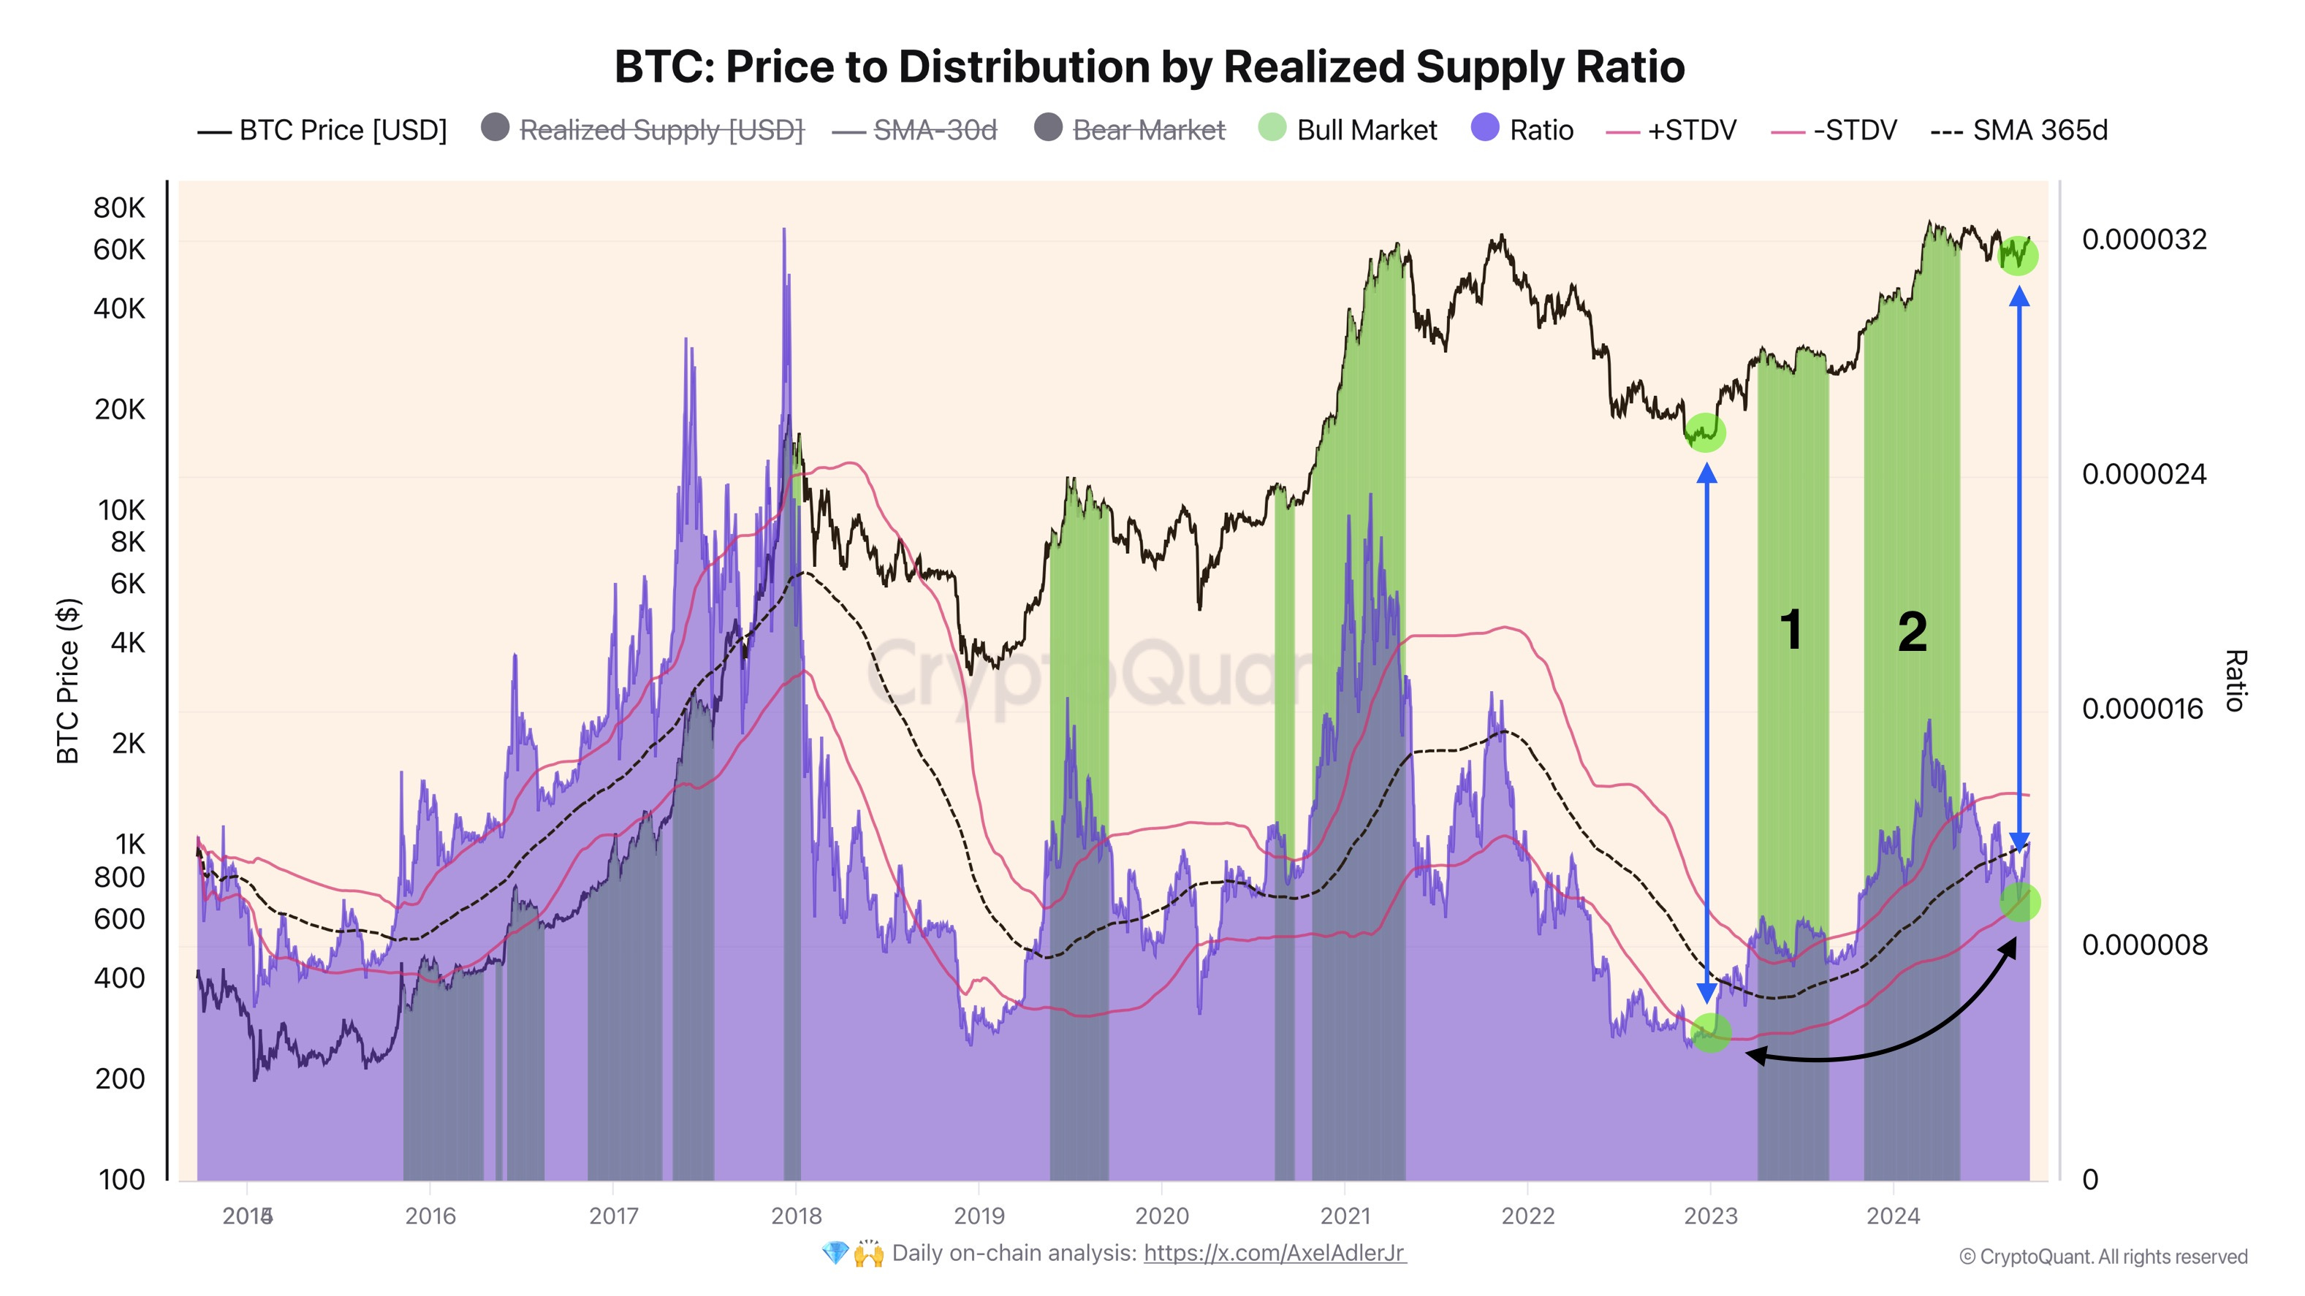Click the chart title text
pyautogui.click(x=1149, y=67)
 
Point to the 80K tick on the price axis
pyautogui.click(x=119, y=207)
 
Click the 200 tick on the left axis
pyautogui.click(x=119, y=1078)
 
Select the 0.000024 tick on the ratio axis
pyautogui.click(x=2143, y=474)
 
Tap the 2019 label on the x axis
pyautogui.click(x=979, y=1216)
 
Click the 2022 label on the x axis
pyautogui.click(x=1527, y=1216)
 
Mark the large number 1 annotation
pyautogui.click(x=1791, y=630)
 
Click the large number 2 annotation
pyautogui.click(x=1912, y=633)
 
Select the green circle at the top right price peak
pyautogui.click(x=2019, y=256)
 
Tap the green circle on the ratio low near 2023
pyautogui.click(x=1711, y=1033)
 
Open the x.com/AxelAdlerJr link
pyautogui.click(x=1275, y=1253)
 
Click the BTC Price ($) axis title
pyautogui.click(x=68, y=679)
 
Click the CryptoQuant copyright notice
pyautogui.click(x=2103, y=1257)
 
